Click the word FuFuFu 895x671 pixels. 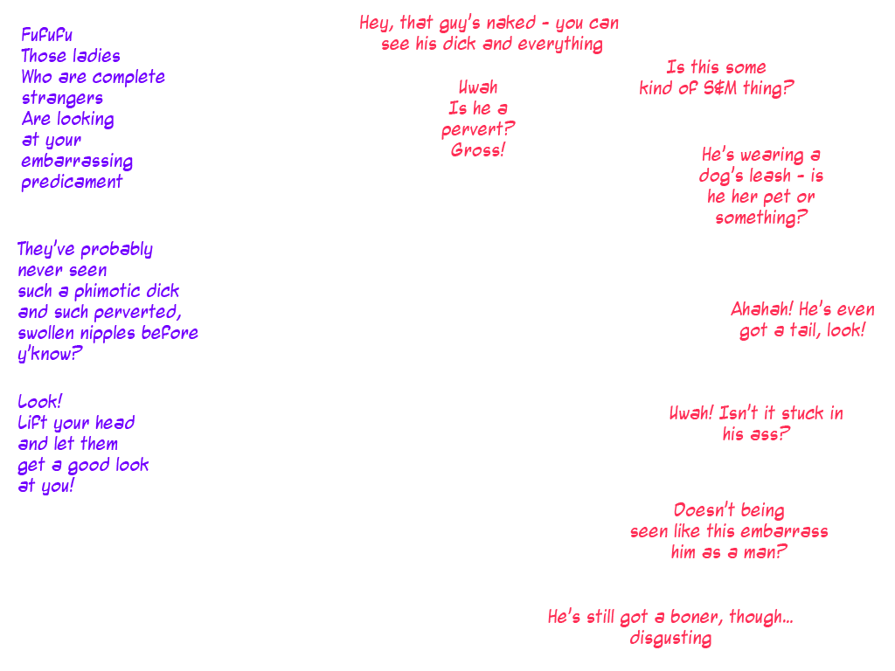pos(47,35)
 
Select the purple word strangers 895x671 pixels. pos(62,98)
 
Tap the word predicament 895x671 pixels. pos(72,183)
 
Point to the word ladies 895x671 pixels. pos(96,56)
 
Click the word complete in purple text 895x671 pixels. pos(128,77)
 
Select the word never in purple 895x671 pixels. pos(37,270)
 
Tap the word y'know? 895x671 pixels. pos(49,355)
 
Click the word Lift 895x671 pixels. pos(32,423)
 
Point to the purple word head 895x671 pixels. pos(114,423)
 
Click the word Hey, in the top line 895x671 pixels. pos(377,24)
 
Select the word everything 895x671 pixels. pos(559,45)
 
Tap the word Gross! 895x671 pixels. pos(478,150)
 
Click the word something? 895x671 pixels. pos(757,218)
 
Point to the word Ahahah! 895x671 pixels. pos(761,310)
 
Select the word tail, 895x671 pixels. pos(803,331)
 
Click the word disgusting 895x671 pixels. pos(670,639)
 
